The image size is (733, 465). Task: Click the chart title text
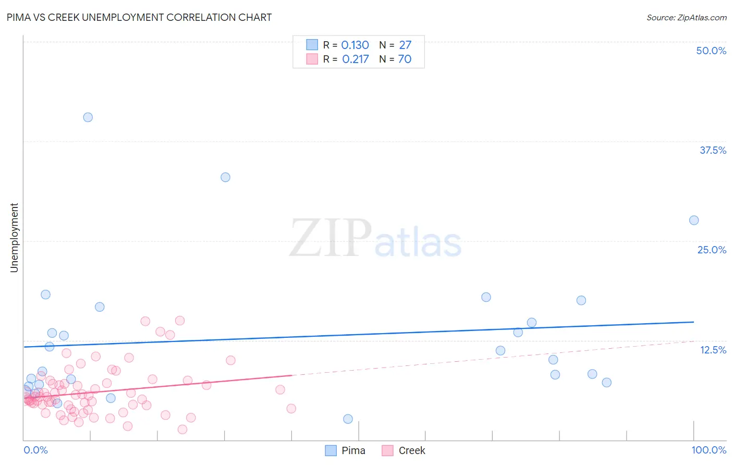139,17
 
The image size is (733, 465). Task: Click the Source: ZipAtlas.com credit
686,17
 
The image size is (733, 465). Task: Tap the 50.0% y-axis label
711,51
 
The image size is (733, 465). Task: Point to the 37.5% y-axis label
713,150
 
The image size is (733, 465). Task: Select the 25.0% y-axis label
712,250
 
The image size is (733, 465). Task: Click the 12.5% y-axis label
713,350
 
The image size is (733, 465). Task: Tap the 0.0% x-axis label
35,450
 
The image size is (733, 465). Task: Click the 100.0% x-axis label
708,450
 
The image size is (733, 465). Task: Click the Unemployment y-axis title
14,238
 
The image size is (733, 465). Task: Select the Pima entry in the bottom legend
353,450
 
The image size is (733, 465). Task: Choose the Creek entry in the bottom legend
411,450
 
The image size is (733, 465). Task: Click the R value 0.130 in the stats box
355,45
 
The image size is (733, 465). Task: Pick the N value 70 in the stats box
405,59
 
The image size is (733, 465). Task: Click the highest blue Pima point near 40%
88,117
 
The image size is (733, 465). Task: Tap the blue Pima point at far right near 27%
694,221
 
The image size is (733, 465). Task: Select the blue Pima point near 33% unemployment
225,177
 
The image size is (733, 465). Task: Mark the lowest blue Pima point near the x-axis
348,419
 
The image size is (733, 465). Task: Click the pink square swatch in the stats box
312,59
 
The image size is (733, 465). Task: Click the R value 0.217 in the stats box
356,59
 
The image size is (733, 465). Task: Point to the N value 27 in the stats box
405,45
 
